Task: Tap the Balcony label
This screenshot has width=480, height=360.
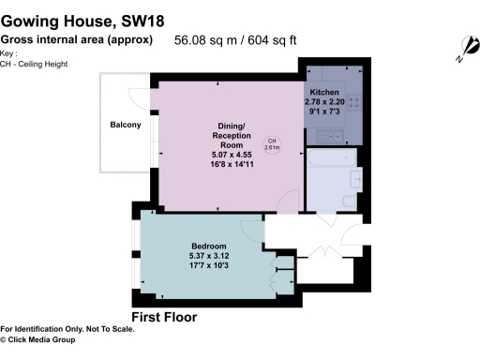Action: click(x=125, y=125)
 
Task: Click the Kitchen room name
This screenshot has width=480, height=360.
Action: click(x=325, y=93)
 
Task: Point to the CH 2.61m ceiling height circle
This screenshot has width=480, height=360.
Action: click(x=271, y=142)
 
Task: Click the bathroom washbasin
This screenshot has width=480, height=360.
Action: click(x=353, y=178)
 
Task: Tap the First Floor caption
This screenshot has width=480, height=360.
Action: click(x=164, y=317)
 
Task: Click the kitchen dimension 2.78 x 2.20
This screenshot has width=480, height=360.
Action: click(x=325, y=102)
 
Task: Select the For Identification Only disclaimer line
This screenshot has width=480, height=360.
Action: click(x=67, y=328)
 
